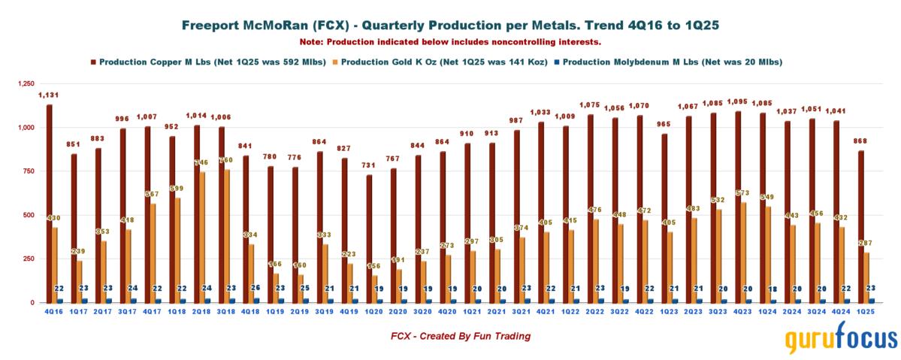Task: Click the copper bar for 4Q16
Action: [x=49, y=203]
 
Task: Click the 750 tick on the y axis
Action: [x=29, y=171]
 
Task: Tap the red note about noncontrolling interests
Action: [x=450, y=41]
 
